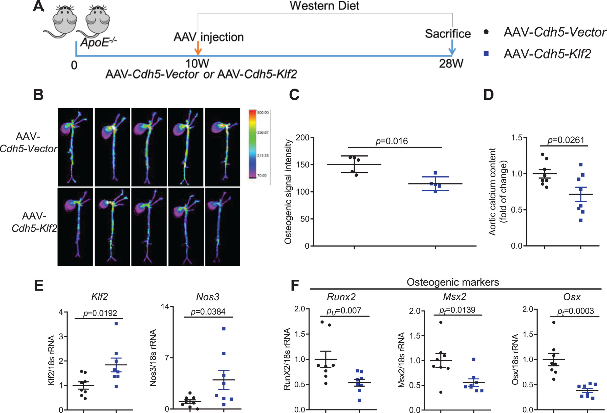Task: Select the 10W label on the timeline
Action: click(197, 64)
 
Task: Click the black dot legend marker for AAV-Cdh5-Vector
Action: click(486, 32)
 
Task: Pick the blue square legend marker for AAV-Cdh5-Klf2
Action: click(486, 54)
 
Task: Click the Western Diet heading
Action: click(324, 6)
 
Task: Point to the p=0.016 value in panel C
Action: click(392, 141)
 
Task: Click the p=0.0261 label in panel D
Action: click(566, 140)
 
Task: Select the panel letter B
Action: click(38, 95)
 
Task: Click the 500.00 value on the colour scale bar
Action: click(263, 113)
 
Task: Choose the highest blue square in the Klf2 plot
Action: click(116, 324)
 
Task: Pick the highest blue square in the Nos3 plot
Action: click(224, 328)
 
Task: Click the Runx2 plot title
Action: click(341, 297)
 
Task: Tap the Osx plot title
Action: click(572, 297)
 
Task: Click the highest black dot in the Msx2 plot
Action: click(441, 322)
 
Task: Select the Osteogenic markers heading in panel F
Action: click(453, 282)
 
